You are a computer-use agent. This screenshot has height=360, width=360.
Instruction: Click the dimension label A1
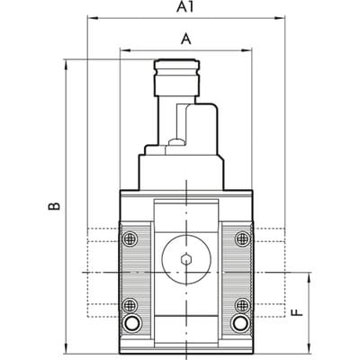click(185, 7)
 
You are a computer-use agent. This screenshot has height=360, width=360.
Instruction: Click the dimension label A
click(186, 39)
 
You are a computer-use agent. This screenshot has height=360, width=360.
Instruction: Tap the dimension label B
click(54, 206)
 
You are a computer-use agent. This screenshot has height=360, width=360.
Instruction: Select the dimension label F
click(297, 312)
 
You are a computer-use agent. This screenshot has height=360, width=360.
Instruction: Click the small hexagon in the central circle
click(186, 259)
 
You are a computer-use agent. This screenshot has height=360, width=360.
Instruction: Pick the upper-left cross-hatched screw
click(130, 238)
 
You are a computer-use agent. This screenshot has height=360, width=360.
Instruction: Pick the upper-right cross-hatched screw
click(242, 238)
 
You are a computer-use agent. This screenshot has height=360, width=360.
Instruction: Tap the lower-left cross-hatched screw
click(130, 305)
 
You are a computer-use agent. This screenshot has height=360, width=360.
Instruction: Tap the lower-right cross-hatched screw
click(242, 305)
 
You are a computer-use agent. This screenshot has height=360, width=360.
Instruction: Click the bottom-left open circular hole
click(130, 324)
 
